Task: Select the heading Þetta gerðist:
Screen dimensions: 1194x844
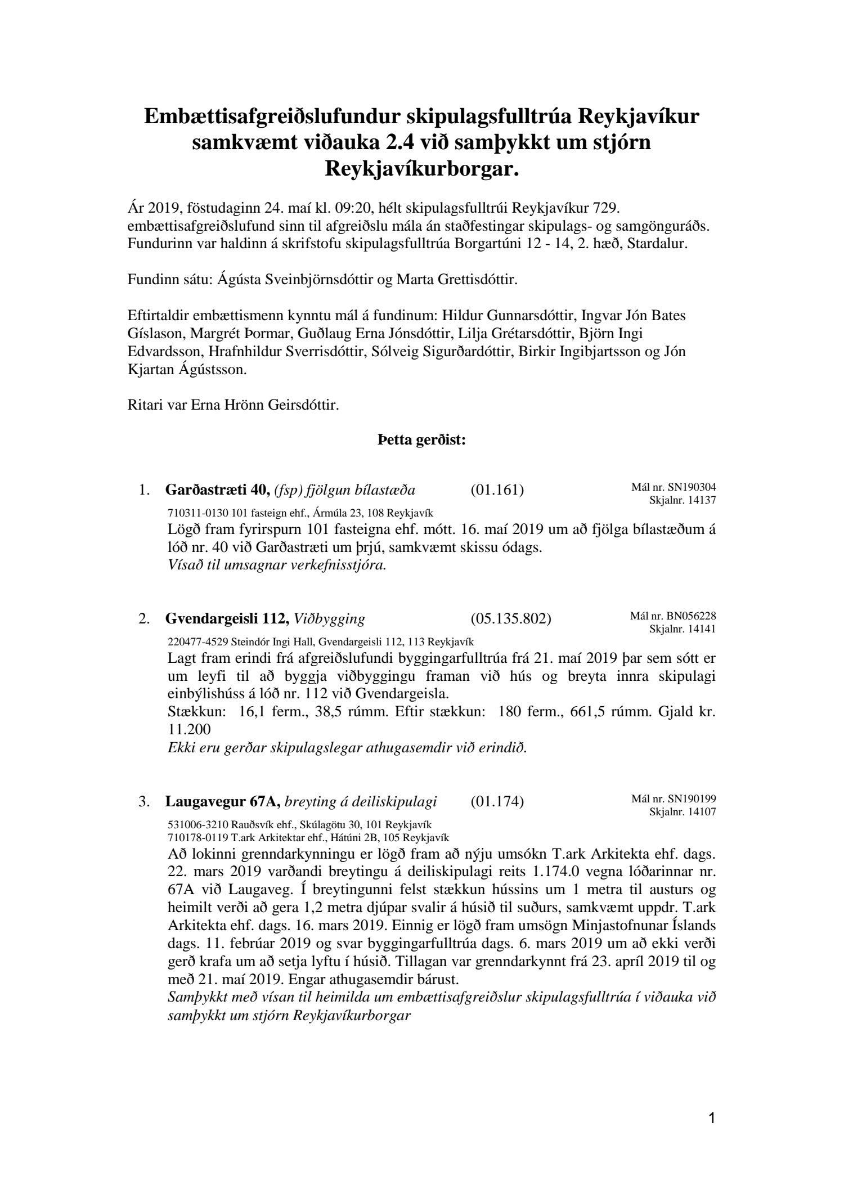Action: [x=421, y=441]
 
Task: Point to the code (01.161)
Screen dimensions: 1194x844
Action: [x=497, y=490]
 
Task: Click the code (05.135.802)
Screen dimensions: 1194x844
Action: [x=510, y=619]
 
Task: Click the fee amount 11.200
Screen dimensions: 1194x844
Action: [x=189, y=730]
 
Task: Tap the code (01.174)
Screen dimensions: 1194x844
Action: [x=497, y=801]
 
